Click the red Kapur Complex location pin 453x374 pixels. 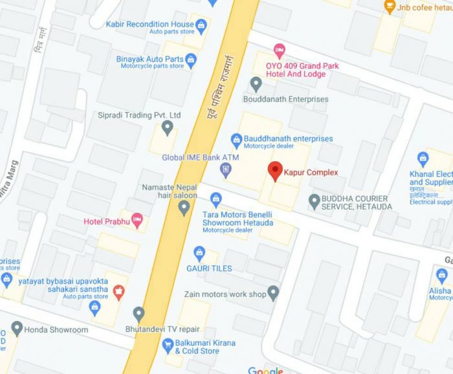pos(275,171)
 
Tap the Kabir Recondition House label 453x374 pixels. pos(150,24)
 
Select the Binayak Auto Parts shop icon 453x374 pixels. pos(191,62)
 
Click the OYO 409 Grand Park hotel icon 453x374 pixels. pos(280,49)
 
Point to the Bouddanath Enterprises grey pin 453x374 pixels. pos(256,83)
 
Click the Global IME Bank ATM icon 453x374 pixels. pos(226,170)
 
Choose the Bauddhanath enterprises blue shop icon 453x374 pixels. pos(237,139)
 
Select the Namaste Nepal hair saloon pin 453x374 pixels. pos(184,208)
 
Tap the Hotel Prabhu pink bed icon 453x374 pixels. pos(137,221)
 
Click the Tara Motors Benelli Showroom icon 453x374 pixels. pos(216,199)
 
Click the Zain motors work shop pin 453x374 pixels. pos(273,293)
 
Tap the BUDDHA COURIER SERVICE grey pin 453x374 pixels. pos(315,201)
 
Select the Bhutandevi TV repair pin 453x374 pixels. pos(138,314)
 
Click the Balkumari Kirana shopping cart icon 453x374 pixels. pos(168,347)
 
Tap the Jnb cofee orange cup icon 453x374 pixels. pos(390,7)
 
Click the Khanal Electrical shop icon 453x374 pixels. pos(423,159)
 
